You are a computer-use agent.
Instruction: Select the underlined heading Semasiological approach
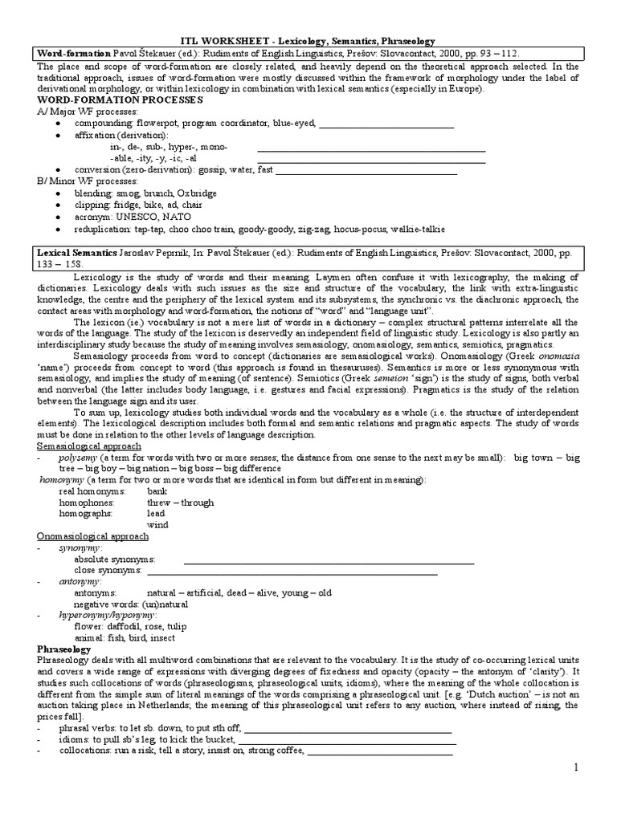point(89,446)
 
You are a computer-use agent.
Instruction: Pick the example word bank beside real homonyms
point(157,490)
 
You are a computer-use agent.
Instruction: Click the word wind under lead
point(157,524)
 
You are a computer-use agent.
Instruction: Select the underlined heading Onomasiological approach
point(92,535)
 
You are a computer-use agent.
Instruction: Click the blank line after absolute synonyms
point(329,559)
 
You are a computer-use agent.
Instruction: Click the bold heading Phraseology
point(65,648)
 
